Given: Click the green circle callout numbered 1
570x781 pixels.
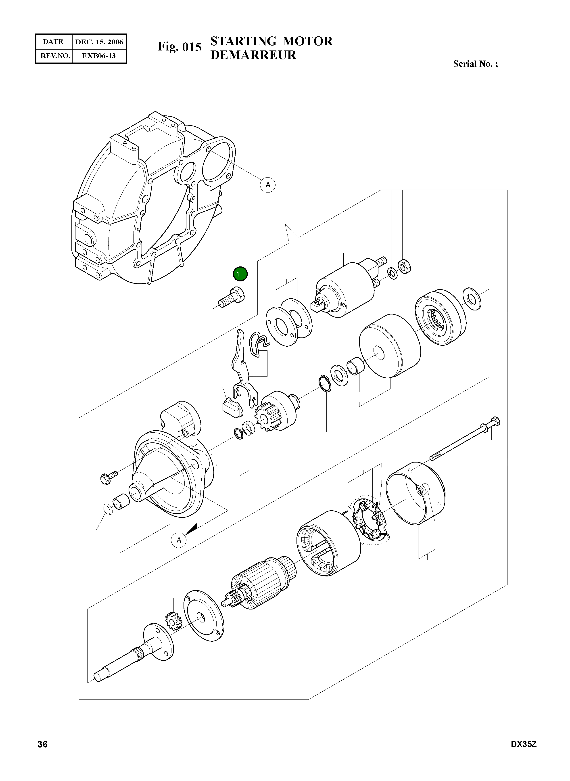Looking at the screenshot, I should click(x=240, y=274).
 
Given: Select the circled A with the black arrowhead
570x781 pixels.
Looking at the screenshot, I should click(x=179, y=540).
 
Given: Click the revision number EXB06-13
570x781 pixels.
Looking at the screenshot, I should click(x=99, y=56).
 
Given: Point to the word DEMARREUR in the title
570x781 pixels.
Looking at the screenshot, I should click(x=253, y=55).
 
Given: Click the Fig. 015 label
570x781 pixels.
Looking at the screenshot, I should click(x=180, y=47).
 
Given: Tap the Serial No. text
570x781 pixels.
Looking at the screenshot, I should click(x=475, y=64).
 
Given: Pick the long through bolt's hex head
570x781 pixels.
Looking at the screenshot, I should click(x=495, y=422).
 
